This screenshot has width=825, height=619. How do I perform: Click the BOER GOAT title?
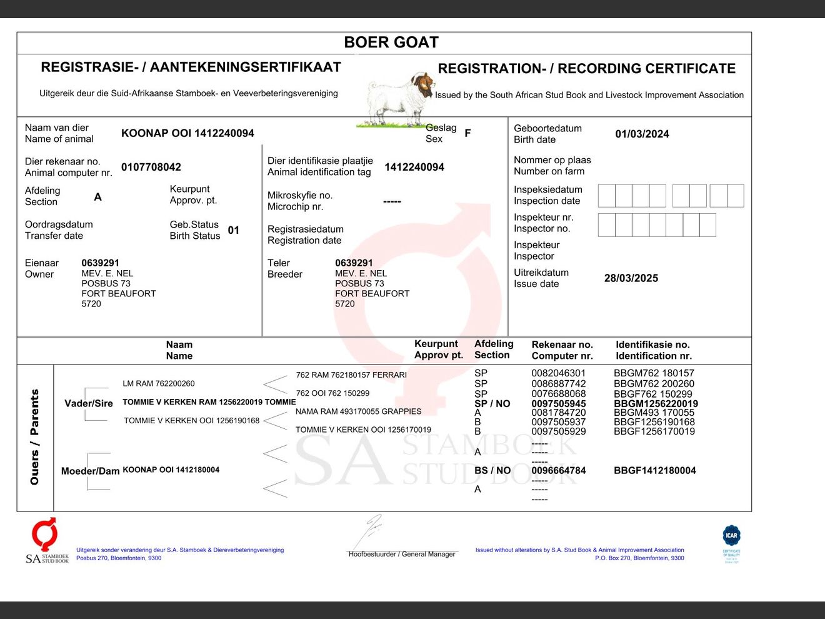point(391,43)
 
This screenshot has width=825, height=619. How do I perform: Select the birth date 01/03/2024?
point(642,134)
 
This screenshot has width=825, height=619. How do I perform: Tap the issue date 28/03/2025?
point(631,278)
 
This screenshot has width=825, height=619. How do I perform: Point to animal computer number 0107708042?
point(151,167)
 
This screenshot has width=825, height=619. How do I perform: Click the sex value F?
point(467,133)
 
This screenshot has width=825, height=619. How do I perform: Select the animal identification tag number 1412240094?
point(414,167)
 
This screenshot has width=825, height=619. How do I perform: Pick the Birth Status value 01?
point(234,230)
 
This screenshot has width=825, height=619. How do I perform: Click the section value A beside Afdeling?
point(97,197)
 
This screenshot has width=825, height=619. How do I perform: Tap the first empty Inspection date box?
point(606,196)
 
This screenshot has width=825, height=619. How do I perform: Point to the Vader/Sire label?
point(89,403)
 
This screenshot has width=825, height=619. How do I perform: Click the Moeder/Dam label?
point(90,471)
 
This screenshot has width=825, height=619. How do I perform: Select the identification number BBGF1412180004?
point(654,471)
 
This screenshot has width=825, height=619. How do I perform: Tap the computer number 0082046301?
point(558,373)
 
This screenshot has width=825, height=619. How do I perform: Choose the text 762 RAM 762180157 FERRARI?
point(351,375)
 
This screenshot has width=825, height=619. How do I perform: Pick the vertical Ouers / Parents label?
point(35,437)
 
